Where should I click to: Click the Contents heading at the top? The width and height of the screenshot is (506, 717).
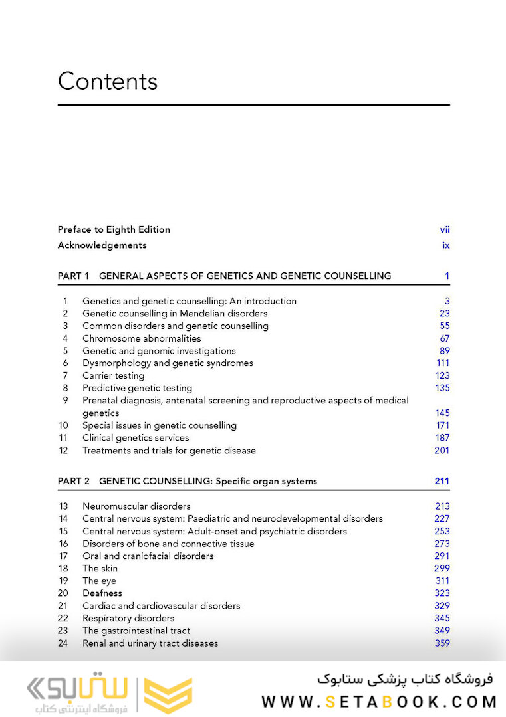pyautogui.click(x=108, y=82)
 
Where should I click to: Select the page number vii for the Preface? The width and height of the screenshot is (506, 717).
pyautogui.click(x=445, y=229)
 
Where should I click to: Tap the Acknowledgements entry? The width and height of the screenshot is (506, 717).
pyautogui.click(x=102, y=245)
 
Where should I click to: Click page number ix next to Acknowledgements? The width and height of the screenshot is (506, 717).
pyautogui.click(x=446, y=245)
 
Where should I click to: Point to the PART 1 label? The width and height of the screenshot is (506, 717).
pyautogui.click(x=73, y=276)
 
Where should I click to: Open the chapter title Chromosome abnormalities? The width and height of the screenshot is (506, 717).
pyautogui.click(x=142, y=338)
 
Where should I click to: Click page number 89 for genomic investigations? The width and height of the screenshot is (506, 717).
pyautogui.click(x=444, y=351)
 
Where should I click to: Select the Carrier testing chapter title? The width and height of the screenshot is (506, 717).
pyautogui.click(x=113, y=375)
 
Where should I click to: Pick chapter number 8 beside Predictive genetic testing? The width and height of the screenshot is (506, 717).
pyautogui.click(x=66, y=388)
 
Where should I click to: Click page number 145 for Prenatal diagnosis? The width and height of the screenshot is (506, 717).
pyautogui.click(x=442, y=413)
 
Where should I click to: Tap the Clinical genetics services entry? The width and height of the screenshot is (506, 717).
pyautogui.click(x=136, y=438)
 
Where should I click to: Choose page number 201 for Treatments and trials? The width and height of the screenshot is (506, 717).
pyautogui.click(x=442, y=451)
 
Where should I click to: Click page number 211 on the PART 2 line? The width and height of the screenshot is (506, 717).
pyautogui.click(x=442, y=481)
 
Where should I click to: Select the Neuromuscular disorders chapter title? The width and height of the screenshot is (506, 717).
pyautogui.click(x=136, y=506)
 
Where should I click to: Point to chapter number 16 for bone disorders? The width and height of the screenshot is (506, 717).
pyautogui.click(x=63, y=544)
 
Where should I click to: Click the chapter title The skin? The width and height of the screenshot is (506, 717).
pyautogui.click(x=100, y=568)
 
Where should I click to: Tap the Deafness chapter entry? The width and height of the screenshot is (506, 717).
pyautogui.click(x=102, y=593)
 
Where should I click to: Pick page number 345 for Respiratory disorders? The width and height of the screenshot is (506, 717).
pyautogui.click(x=442, y=618)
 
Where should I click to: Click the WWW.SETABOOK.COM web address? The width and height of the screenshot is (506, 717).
pyautogui.click(x=379, y=701)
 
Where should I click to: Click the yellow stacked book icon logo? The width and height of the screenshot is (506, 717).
pyautogui.click(x=168, y=695)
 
